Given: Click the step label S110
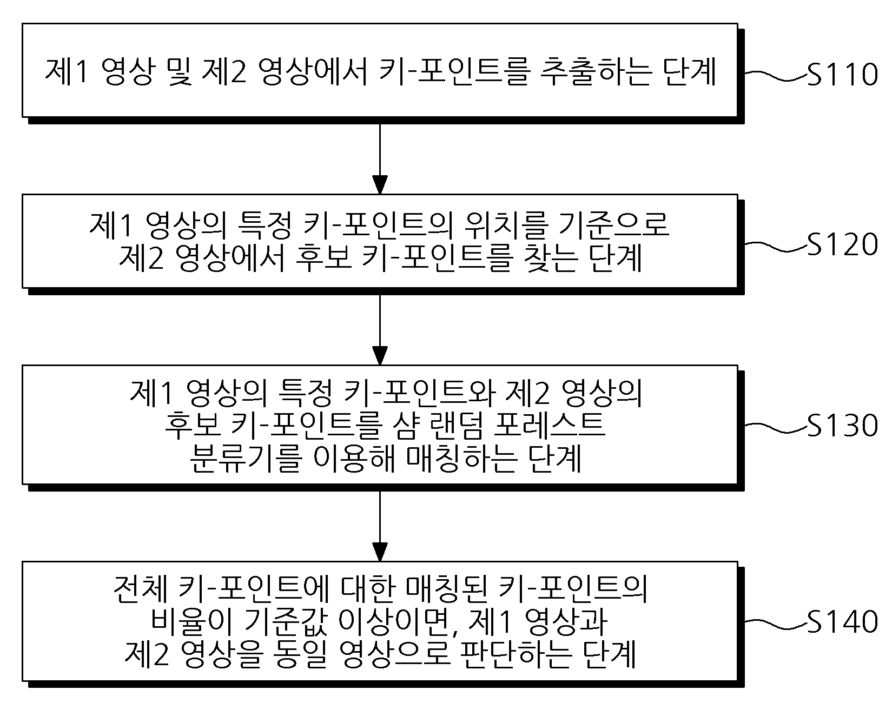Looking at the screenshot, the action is [842, 74].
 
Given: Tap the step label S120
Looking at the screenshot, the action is [842, 244].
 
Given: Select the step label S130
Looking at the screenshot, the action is [842, 426].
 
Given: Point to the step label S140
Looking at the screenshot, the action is [842, 622].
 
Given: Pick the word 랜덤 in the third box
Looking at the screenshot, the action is [451, 426].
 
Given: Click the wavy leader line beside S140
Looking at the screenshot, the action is [776, 622].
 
